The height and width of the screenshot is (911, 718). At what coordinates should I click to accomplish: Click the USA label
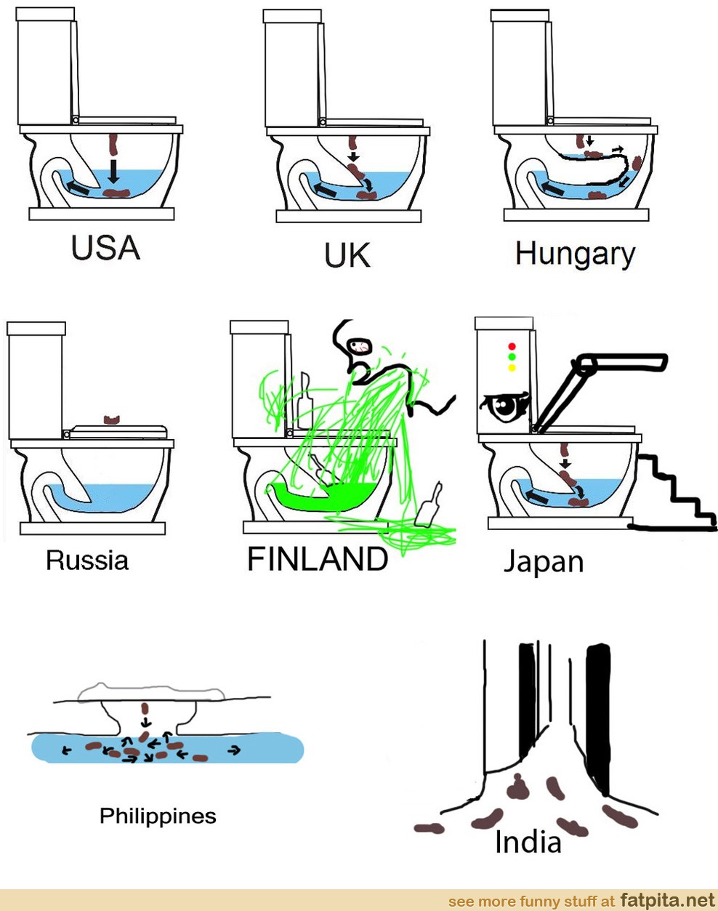[x=105, y=248]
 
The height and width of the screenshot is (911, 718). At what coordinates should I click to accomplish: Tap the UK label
[x=347, y=255]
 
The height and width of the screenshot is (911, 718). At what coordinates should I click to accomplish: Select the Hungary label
[x=576, y=255]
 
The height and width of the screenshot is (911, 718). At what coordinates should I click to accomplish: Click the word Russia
[x=87, y=560]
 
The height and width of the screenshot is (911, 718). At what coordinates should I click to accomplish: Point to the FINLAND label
[x=318, y=559]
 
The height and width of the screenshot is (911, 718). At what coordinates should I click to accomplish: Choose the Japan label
[x=544, y=562]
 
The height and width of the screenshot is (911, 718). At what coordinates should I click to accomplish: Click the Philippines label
[x=158, y=816]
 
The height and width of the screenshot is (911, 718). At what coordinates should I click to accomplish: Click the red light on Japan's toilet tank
[x=512, y=346]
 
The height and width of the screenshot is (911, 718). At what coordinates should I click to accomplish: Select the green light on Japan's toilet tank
[x=512, y=357]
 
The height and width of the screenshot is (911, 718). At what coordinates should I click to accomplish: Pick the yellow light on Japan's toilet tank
[x=512, y=367]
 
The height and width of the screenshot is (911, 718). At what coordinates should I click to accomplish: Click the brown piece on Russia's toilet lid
[x=112, y=419]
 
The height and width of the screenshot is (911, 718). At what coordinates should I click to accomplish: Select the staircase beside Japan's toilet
[x=673, y=492]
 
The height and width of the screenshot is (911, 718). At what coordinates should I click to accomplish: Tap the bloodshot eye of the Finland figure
[x=360, y=347]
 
